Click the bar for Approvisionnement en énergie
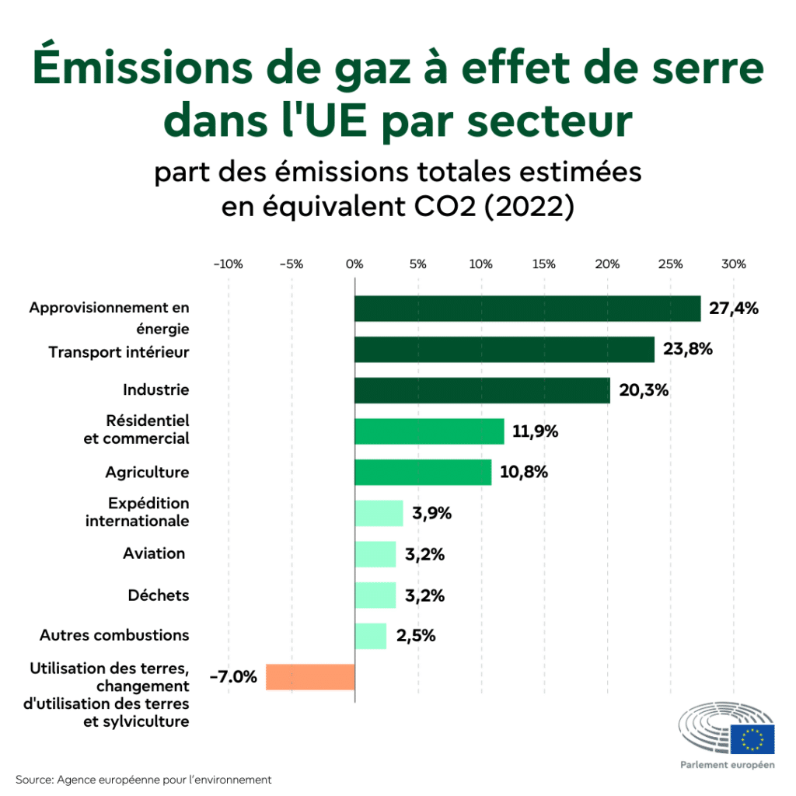[x=527, y=309]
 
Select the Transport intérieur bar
[x=504, y=350]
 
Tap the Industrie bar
[x=482, y=390]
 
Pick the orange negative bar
[x=310, y=676]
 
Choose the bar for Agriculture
[x=423, y=472]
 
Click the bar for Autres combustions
[x=370, y=635]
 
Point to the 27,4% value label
[x=734, y=309]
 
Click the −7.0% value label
[x=233, y=676]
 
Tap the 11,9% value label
[x=536, y=431]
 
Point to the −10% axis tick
[x=228, y=264]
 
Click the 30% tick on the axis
[x=734, y=264]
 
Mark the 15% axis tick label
[x=544, y=264]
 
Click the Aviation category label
[x=154, y=553]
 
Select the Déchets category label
[x=159, y=595]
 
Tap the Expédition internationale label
[x=138, y=512]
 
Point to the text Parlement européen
[x=727, y=765]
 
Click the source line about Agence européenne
[x=143, y=779]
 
